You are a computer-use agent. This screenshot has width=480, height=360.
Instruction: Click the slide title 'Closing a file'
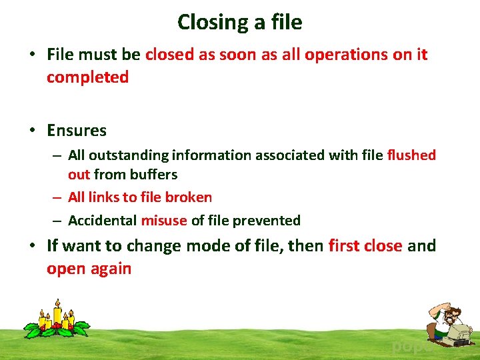pyautogui.click(x=239, y=22)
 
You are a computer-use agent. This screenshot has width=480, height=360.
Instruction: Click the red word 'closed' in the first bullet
pyautogui.click(x=169, y=55)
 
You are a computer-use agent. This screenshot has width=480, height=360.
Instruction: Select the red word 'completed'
pyautogui.click(x=87, y=77)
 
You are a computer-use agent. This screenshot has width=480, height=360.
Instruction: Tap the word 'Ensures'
pyautogui.click(x=77, y=130)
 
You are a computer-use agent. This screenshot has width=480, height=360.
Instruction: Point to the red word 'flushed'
pyautogui.click(x=411, y=155)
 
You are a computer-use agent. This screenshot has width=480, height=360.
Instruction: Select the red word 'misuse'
pyautogui.click(x=164, y=220)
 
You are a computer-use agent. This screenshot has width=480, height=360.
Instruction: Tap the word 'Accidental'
pyautogui.click(x=102, y=220)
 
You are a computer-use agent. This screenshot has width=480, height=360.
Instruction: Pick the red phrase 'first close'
pyautogui.click(x=365, y=246)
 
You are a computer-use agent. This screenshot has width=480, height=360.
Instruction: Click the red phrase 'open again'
pyautogui.click(x=89, y=269)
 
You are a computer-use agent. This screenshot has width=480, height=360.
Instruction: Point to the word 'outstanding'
pyautogui.click(x=129, y=155)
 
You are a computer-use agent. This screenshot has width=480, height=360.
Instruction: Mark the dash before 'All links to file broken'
pyautogui.click(x=58, y=198)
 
